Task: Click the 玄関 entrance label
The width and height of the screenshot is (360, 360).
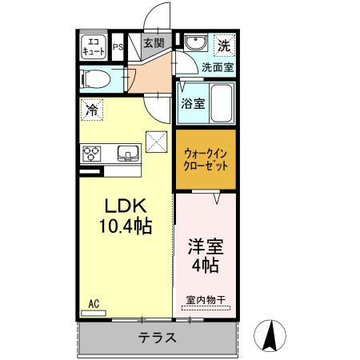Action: click(154, 43)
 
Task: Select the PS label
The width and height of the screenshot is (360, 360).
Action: click(118, 46)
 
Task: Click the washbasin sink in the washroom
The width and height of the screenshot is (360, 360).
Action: click(194, 44)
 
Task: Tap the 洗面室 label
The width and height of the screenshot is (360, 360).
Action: click(218, 68)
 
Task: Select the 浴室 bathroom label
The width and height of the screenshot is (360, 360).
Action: click(192, 102)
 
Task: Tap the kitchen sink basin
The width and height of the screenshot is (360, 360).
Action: click(127, 152)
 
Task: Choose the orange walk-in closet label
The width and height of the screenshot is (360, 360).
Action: click(206, 158)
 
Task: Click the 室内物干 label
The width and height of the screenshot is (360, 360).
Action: click(206, 301)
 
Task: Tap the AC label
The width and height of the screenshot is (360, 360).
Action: click(93, 303)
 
